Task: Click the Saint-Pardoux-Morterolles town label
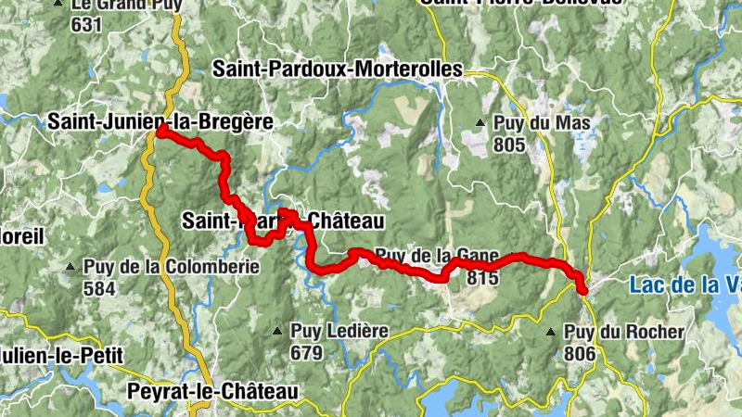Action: pyautogui.click(x=337, y=69)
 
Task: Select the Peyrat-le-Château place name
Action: pyautogui.click(x=212, y=392)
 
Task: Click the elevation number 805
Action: pyautogui.click(x=510, y=145)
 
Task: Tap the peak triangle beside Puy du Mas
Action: pyautogui.click(x=480, y=122)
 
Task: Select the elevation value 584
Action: pyautogui.click(x=99, y=288)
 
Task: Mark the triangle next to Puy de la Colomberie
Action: pyautogui.click(x=70, y=268)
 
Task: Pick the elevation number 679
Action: pyautogui.click(x=306, y=352)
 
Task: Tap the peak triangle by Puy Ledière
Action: pyautogui.click(x=277, y=331)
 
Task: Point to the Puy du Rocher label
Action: pyautogui.click(x=624, y=332)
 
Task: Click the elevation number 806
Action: pyautogui.click(x=580, y=352)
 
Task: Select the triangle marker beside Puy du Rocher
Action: pyautogui.click(x=551, y=331)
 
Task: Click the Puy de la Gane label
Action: pyautogui.click(x=437, y=256)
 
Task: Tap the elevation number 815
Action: pyautogui.click(x=483, y=276)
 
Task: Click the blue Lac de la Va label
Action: pyautogui.click(x=684, y=285)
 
